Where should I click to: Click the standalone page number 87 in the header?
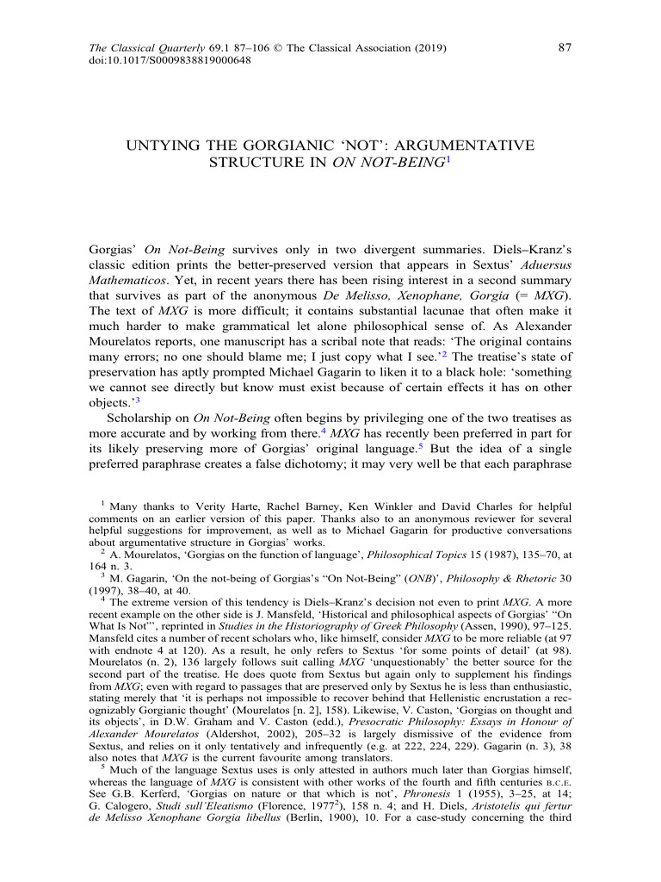[565, 47]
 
